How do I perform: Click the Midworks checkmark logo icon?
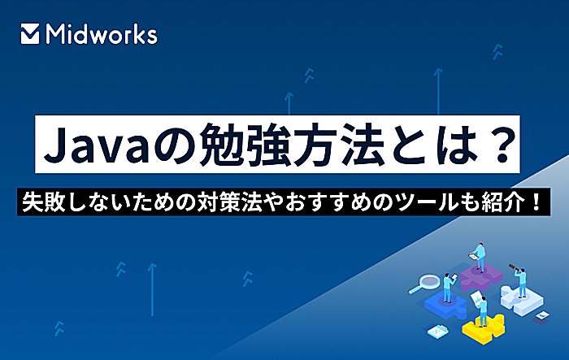coord(30,34)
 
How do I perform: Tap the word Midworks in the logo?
coord(102,34)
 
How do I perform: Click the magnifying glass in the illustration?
coord(424,284)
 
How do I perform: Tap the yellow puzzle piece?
coord(483,327)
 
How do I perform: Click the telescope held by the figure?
coord(515,268)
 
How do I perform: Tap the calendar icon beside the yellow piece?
coord(437,331)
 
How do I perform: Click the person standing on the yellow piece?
coord(482,311)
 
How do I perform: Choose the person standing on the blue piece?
coord(448,288)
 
